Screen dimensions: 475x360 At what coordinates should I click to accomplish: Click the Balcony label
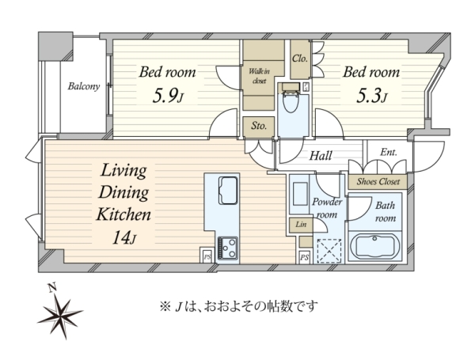[84, 86]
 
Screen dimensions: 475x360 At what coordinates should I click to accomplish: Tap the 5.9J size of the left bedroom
[168, 97]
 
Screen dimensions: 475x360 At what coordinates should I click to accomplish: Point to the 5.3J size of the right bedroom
[372, 97]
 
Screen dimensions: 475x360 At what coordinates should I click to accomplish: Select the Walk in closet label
[260, 76]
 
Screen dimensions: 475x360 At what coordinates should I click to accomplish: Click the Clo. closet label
[300, 59]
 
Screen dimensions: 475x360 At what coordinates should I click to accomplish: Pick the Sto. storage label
[259, 125]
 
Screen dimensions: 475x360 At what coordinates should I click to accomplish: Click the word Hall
[321, 156]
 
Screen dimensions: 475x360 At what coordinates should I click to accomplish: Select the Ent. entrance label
[389, 152]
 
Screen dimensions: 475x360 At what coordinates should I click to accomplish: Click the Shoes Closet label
[378, 182]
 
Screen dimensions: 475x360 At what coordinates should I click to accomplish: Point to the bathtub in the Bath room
[374, 247]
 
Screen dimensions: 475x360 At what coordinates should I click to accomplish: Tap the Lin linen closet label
[301, 225]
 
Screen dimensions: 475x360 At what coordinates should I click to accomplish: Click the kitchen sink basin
[228, 191]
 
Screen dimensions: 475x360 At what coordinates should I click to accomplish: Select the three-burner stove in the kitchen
[228, 248]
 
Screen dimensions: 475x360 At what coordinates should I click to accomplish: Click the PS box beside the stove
[207, 257]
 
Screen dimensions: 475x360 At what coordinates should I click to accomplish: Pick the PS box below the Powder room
[305, 258]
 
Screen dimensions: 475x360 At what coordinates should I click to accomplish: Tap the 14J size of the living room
[124, 237]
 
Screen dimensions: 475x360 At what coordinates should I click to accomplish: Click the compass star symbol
[61, 316]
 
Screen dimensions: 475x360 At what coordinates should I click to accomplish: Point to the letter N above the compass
[52, 287]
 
